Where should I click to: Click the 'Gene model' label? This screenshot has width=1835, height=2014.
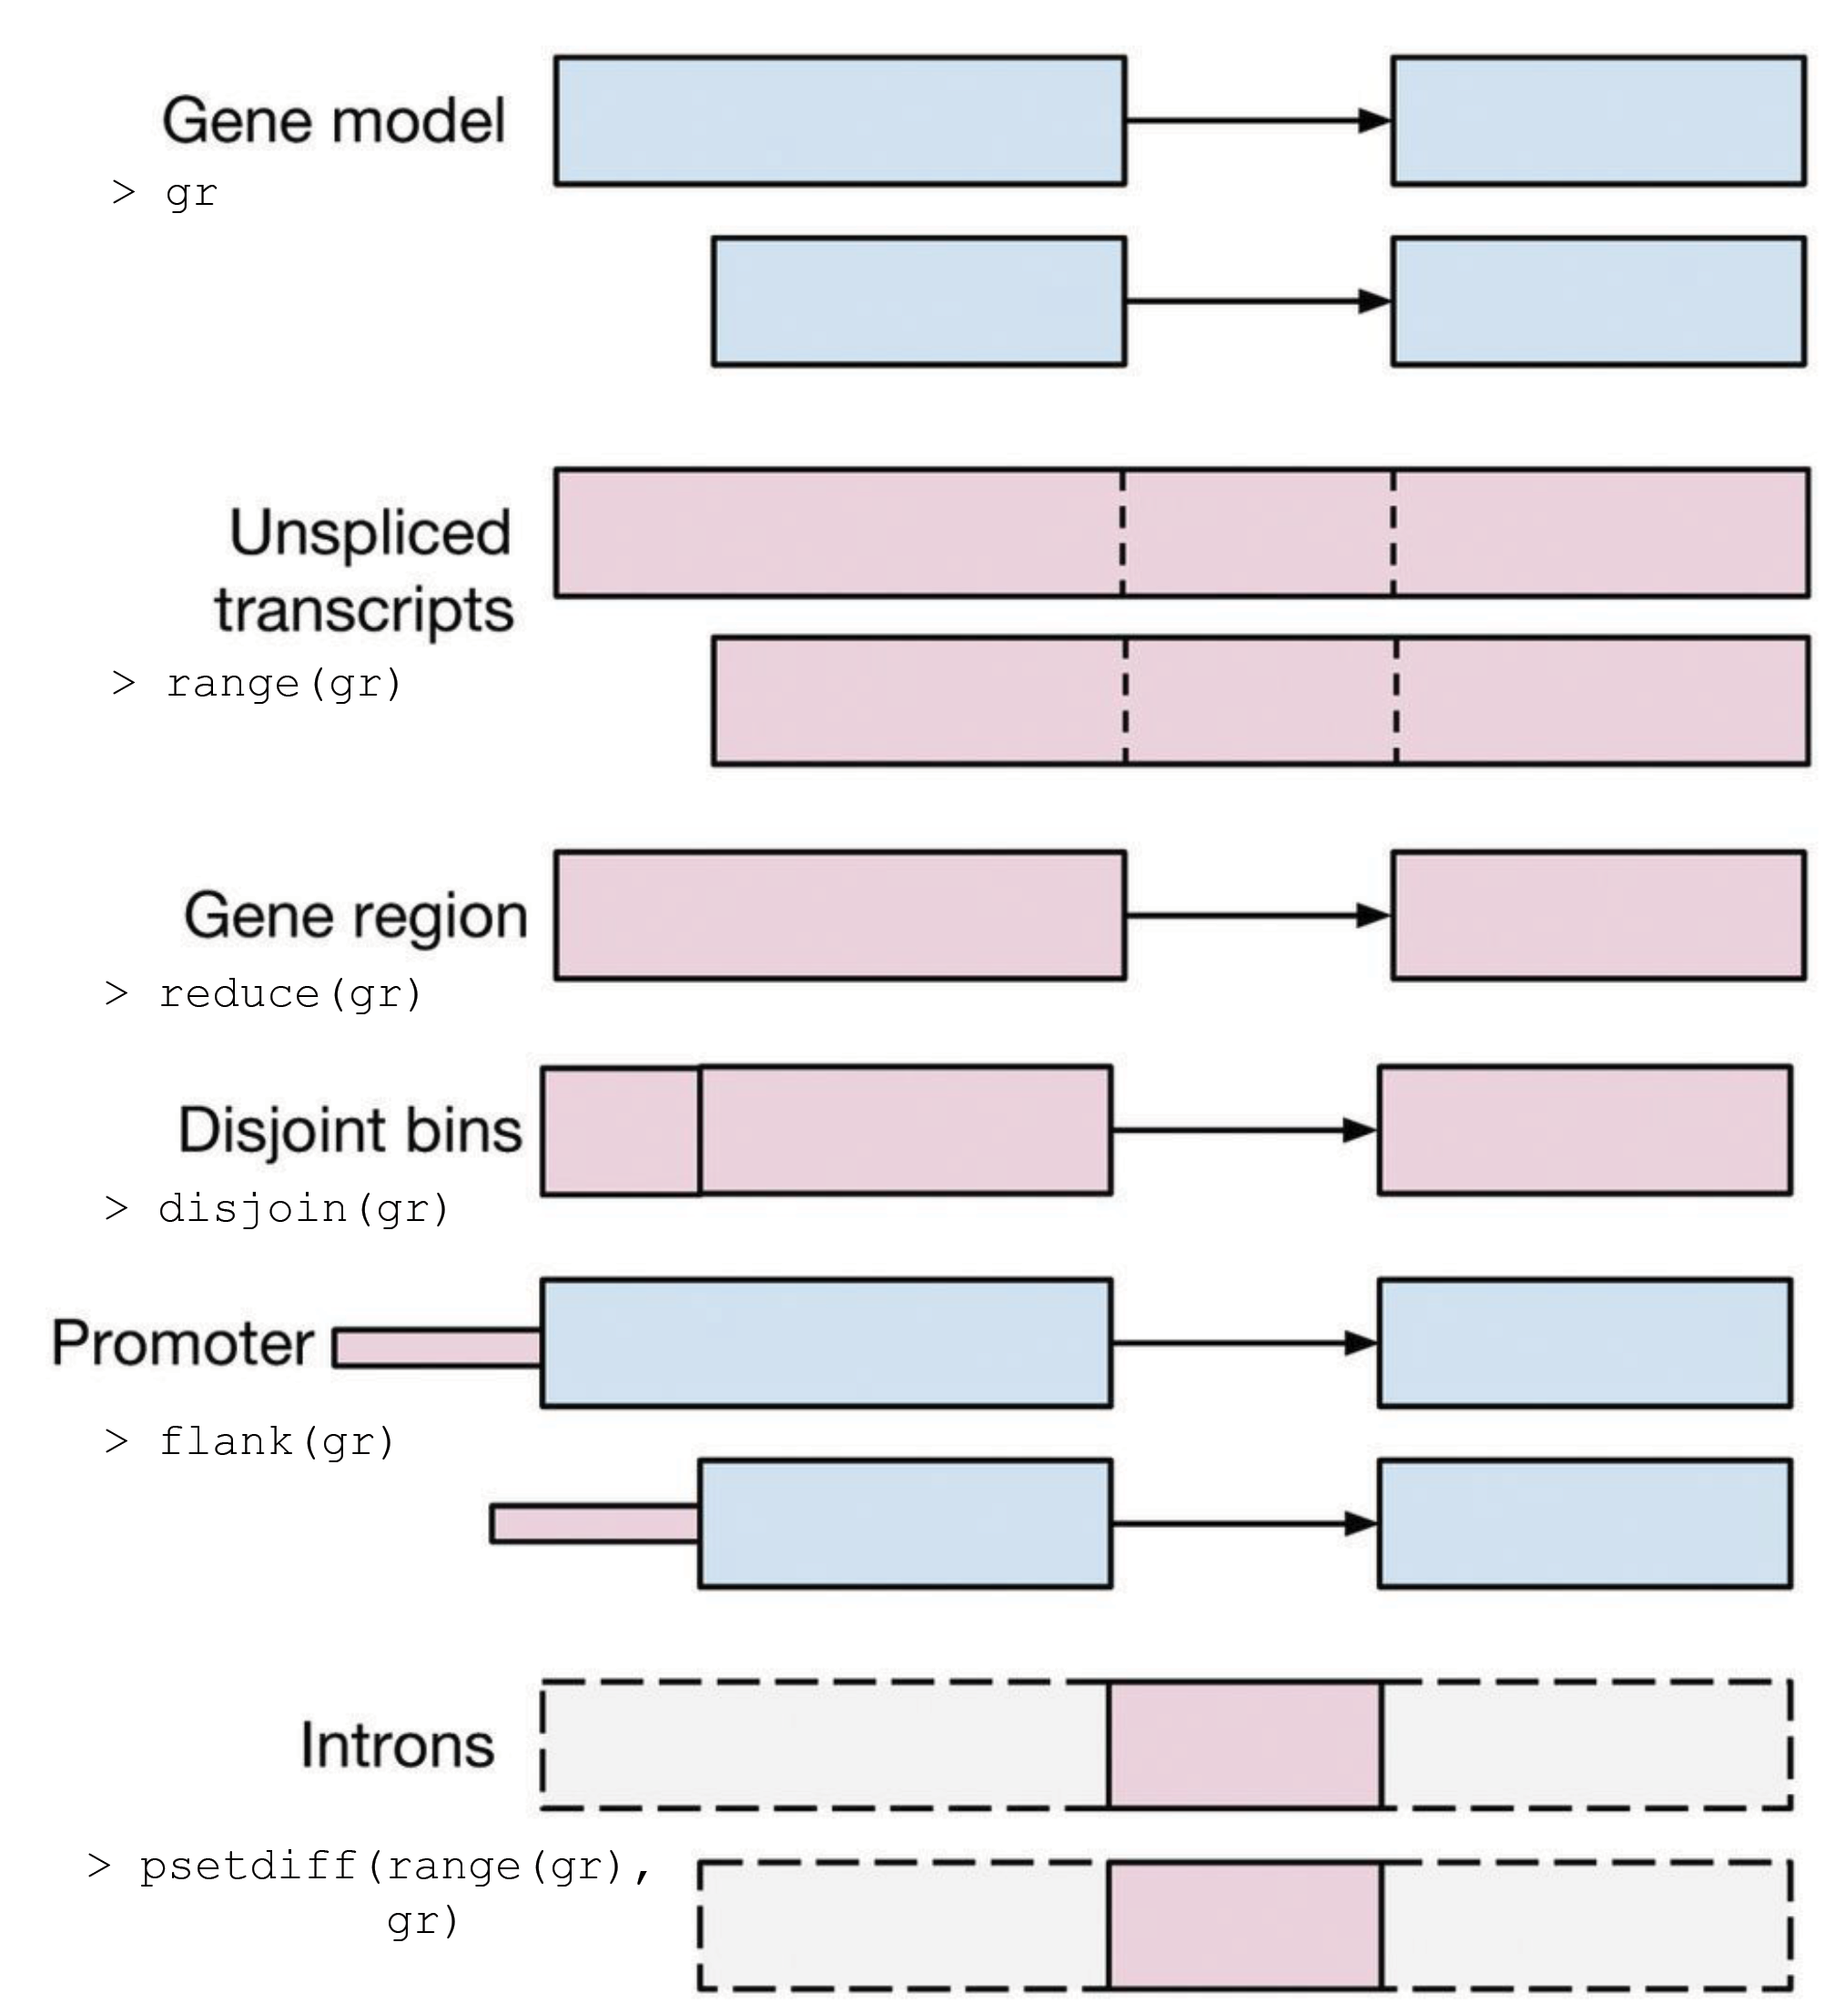[x=334, y=121]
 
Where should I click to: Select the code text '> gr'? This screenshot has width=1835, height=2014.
[x=165, y=192]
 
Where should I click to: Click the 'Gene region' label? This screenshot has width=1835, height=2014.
[x=356, y=915]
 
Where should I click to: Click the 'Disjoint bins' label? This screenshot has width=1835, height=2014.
[x=350, y=1130]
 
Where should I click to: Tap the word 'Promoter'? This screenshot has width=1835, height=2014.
[x=183, y=1343]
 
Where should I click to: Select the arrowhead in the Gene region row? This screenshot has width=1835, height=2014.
[x=1373, y=915]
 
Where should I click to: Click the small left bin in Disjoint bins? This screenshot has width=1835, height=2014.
[x=621, y=1130]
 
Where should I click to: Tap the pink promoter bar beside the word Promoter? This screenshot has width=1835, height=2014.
[x=438, y=1348]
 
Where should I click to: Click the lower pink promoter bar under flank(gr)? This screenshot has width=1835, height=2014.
[x=595, y=1523]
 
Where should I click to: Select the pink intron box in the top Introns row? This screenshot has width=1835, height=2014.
[x=1244, y=1744]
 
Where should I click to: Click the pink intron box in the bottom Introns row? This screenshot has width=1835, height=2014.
[x=1244, y=1924]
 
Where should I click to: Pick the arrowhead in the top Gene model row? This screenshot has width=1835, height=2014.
[x=1374, y=121]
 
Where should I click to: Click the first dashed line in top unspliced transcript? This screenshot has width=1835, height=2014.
[x=1123, y=533]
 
